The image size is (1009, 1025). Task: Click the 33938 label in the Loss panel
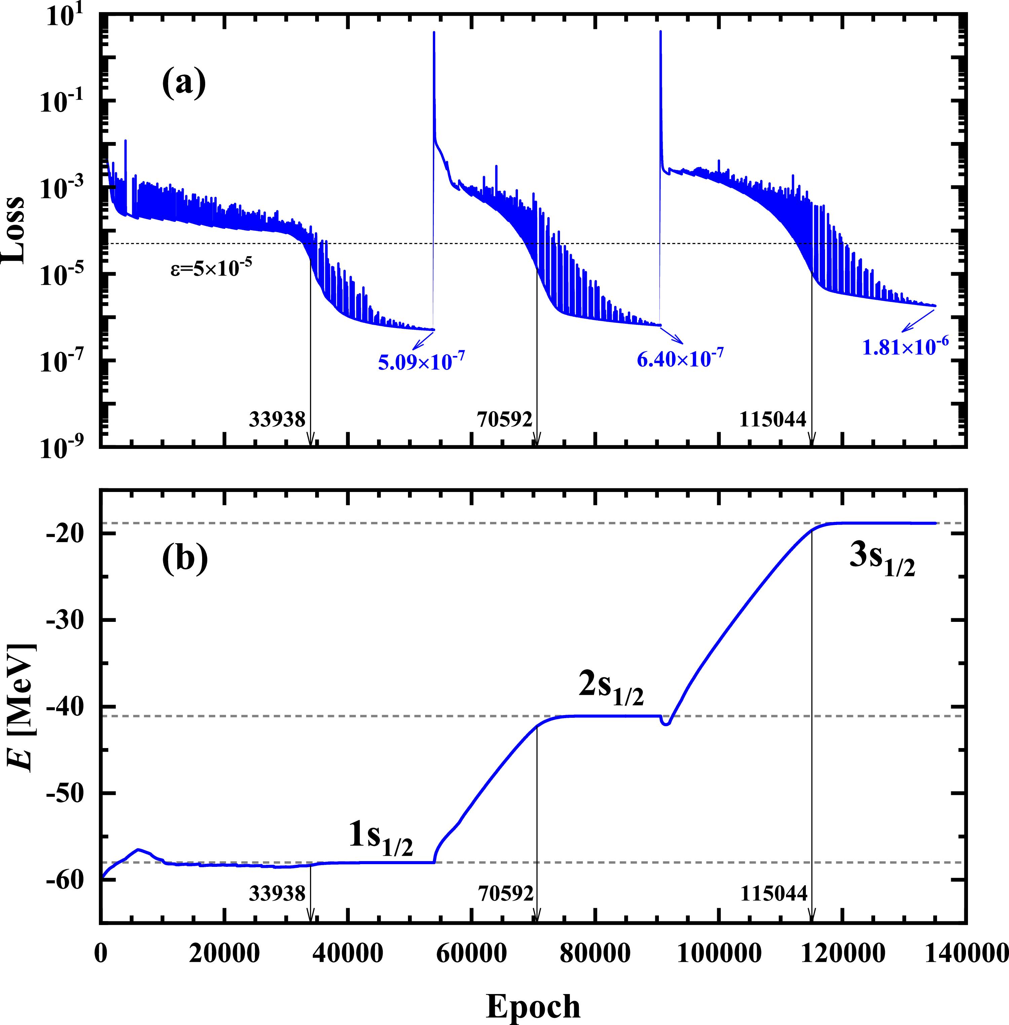pyautogui.click(x=277, y=419)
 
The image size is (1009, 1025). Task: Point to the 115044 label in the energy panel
pyautogui.click(x=774, y=894)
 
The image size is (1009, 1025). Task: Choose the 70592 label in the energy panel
pyautogui.click(x=505, y=894)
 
